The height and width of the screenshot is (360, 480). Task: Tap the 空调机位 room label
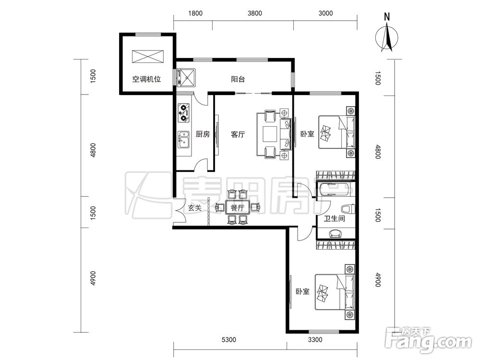coord(146,79)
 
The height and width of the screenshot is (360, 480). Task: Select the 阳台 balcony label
coord(238,79)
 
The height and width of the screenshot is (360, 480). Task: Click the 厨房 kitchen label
coord(203,134)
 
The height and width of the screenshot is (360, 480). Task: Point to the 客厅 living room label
coord(238,134)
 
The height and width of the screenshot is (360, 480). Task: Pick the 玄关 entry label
coord(195,208)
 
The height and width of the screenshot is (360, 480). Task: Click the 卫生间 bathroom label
coord(334,218)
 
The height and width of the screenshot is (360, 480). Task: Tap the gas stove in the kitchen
coord(184,113)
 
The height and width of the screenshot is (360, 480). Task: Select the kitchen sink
coord(184,139)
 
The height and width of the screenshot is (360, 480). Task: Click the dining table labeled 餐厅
coord(238,208)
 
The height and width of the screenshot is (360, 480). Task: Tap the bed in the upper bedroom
coord(337,132)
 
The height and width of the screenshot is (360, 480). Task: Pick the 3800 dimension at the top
coord(255,13)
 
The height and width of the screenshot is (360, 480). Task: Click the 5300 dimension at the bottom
coord(228,339)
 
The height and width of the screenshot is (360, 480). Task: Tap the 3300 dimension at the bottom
coord(315,339)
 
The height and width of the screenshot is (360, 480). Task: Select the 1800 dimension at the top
coord(195,13)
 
